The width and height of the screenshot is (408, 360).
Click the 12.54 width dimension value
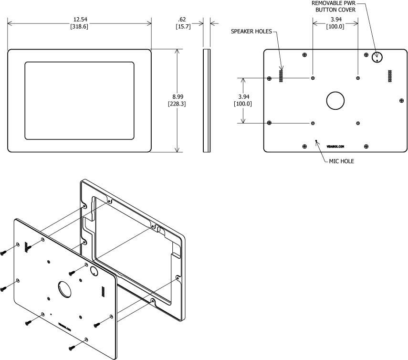(80, 20)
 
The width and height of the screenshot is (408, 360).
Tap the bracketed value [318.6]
(80, 26)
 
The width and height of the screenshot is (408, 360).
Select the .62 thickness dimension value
(182, 20)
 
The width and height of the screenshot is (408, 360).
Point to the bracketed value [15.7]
(182, 26)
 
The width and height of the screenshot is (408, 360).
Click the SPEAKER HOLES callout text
(251, 32)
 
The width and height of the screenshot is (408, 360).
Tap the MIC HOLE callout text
(342, 161)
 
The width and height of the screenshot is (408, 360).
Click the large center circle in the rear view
(335, 100)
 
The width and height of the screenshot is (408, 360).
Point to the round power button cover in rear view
(377, 58)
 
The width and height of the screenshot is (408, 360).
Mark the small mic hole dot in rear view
(316, 140)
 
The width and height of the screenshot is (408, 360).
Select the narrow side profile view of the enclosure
(206, 100)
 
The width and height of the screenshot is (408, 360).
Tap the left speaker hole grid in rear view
(281, 74)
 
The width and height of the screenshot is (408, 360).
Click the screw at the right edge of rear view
(401, 100)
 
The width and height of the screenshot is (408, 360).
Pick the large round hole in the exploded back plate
(63, 289)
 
